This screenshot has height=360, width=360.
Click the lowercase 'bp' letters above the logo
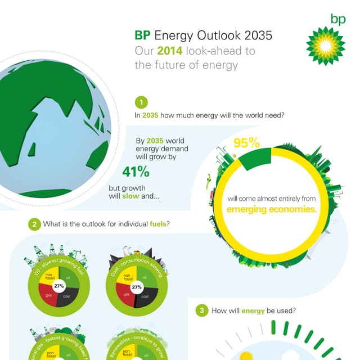pos(338,20)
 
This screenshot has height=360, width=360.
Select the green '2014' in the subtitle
pos(169,51)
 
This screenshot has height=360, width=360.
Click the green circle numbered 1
pos(142,102)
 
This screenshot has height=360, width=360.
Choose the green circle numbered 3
pos(201,310)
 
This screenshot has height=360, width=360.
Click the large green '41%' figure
pos(136,172)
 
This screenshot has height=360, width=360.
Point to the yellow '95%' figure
pos(246,143)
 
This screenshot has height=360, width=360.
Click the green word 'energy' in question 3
pos(253,310)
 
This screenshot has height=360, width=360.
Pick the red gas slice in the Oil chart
pos(48,295)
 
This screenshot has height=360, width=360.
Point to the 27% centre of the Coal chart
pos(136,287)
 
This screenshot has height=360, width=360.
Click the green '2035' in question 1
pos(150,116)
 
